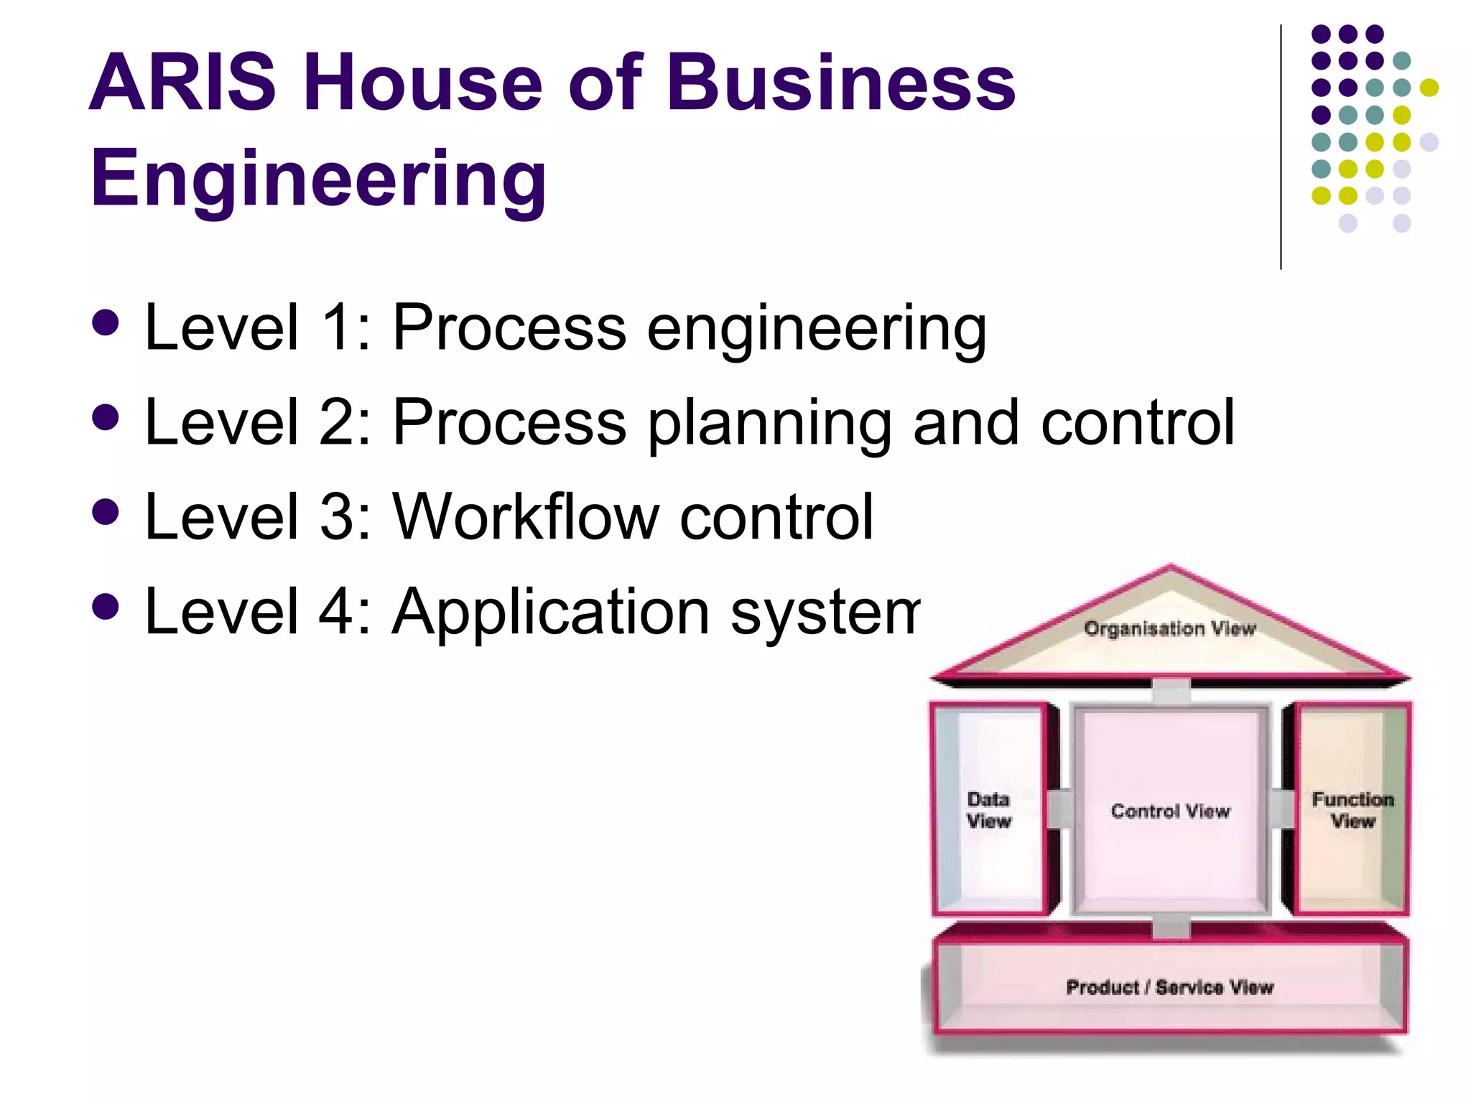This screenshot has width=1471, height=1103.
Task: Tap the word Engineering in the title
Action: pos(318,177)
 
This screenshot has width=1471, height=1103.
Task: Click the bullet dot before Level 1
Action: pos(106,322)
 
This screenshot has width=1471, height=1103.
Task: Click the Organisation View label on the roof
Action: pos(1170,629)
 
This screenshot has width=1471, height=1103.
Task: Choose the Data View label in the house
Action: pos(988,810)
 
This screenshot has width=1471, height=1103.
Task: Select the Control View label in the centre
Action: pos(1170,811)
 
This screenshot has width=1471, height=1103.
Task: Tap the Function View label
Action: pos(1352,810)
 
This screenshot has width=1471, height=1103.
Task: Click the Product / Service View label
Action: pos(1169,987)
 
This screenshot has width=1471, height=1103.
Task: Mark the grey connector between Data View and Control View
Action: pos(1059,809)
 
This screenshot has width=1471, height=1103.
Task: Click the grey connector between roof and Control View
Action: pos(1171,692)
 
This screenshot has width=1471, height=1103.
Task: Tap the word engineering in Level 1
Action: pos(817,329)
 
